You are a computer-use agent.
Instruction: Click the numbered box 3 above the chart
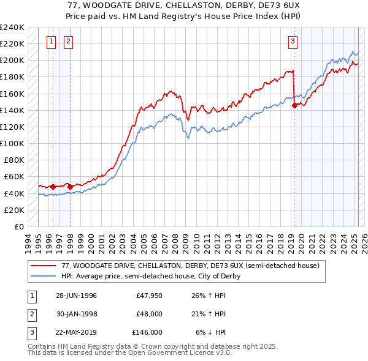(293, 42)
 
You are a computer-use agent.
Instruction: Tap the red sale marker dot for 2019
(294, 105)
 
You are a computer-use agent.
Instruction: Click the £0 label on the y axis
(18, 226)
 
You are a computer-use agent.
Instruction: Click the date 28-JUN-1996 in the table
(76, 296)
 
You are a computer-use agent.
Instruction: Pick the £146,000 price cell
(147, 332)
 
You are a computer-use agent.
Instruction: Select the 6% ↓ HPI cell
(211, 332)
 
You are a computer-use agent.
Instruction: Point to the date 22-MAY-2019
(76, 332)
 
